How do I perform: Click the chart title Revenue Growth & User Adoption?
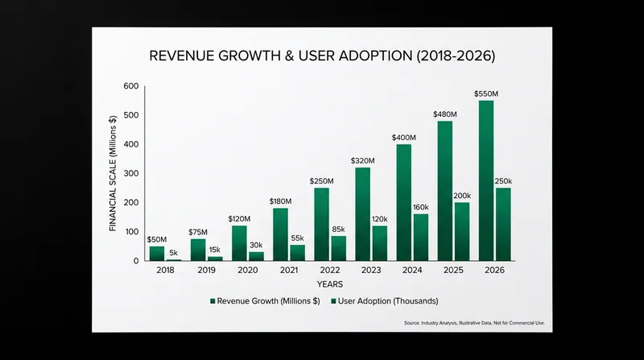coord(322,56)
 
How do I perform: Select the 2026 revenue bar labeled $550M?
coord(486,180)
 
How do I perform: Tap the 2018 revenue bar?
coord(157,253)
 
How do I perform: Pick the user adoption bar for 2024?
coord(421,237)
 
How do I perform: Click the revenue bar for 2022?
coord(321,224)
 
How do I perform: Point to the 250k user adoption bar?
coord(504,224)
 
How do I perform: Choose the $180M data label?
coord(280,201)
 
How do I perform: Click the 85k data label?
coord(338,230)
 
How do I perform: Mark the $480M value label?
coord(445,114)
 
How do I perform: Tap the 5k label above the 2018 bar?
coord(173,253)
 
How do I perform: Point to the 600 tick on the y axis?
coord(131,86)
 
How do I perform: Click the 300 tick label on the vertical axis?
coord(131,173)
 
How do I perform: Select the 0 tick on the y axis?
coord(136,261)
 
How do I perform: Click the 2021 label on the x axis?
coord(289,270)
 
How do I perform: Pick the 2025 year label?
coord(453,270)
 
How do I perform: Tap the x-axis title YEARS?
coord(330,284)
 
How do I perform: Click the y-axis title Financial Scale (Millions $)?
coord(113,173)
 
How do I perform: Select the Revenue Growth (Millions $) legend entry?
coord(265,301)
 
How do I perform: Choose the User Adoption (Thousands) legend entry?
coord(385,301)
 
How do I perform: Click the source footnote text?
coord(474,323)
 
